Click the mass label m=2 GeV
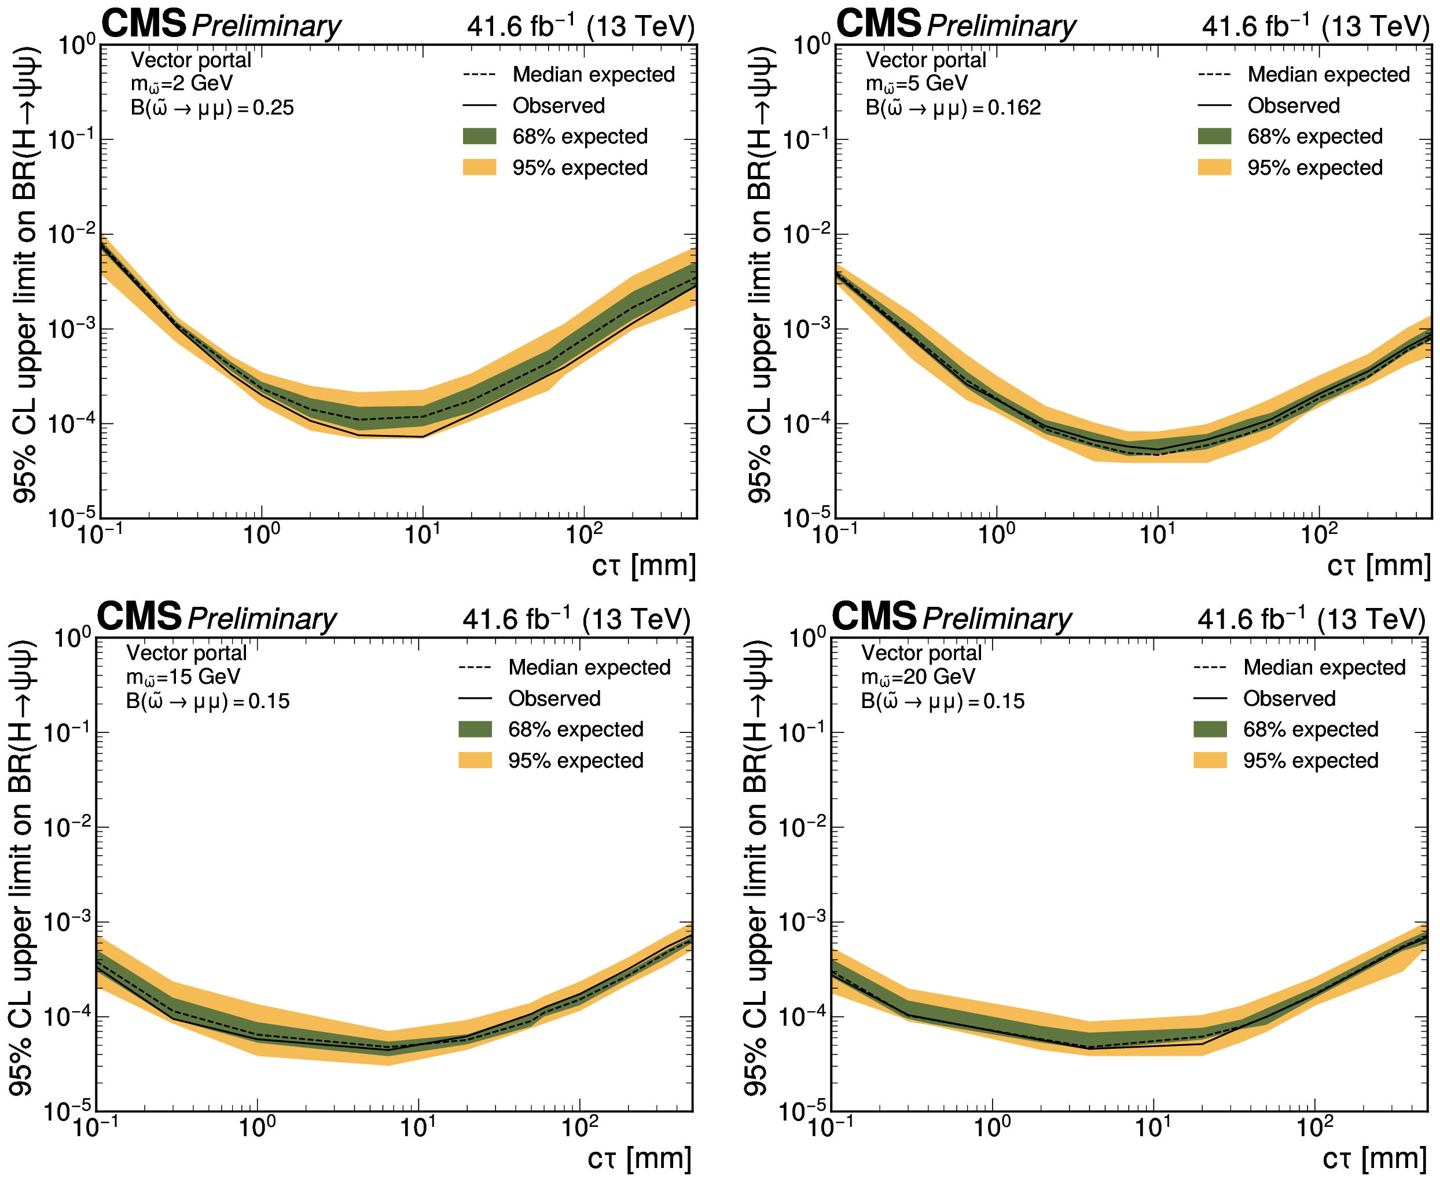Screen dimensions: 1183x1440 181,84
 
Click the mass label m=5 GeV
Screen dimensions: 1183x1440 916,84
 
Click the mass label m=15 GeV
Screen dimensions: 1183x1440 183,677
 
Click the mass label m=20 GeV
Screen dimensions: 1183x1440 918,677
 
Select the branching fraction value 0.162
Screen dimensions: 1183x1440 1014,108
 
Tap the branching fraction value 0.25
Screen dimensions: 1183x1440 273,108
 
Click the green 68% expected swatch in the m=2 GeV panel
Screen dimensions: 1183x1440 479,137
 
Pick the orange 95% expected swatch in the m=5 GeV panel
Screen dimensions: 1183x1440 1214,167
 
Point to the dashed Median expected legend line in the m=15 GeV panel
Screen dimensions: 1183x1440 475,668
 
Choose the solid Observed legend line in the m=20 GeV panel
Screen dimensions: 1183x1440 1210,698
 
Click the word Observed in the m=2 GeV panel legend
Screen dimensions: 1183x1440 559,106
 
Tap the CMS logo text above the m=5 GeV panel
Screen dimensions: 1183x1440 878,24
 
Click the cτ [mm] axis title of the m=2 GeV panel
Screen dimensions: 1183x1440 644,566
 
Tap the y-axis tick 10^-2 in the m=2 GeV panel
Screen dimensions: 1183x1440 71,234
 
